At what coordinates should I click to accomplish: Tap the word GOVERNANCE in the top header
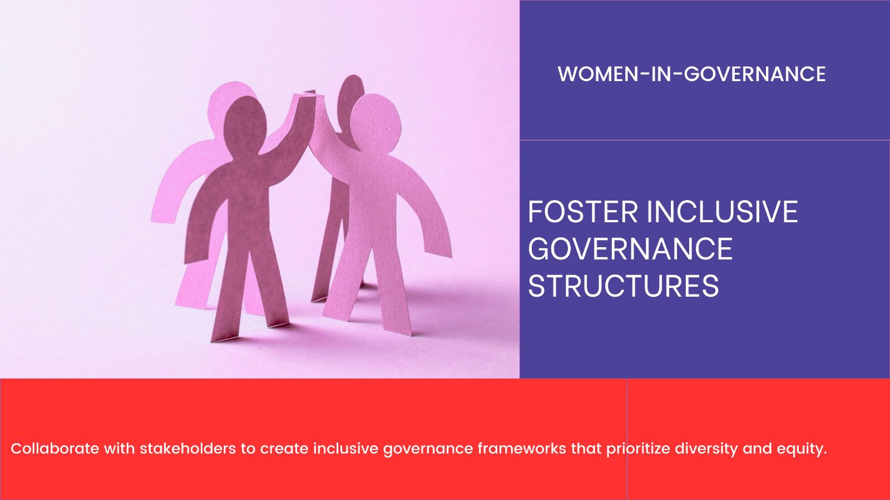[754, 74]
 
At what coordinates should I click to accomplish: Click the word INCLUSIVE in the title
[723, 212]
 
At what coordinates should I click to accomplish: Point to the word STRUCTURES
[624, 286]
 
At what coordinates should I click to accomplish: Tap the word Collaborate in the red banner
[55, 448]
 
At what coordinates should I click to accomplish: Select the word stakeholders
[188, 448]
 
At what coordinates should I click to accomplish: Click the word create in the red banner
[284, 449]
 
